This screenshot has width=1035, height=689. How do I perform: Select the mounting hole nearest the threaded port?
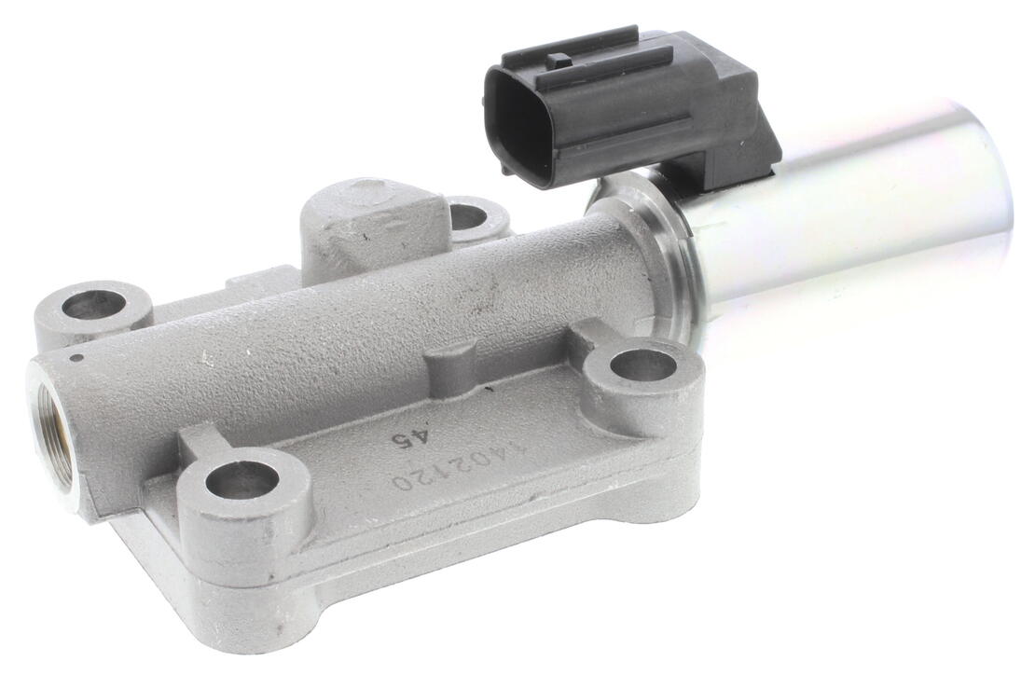[92, 308]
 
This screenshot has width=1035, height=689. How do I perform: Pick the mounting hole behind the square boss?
[471, 214]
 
